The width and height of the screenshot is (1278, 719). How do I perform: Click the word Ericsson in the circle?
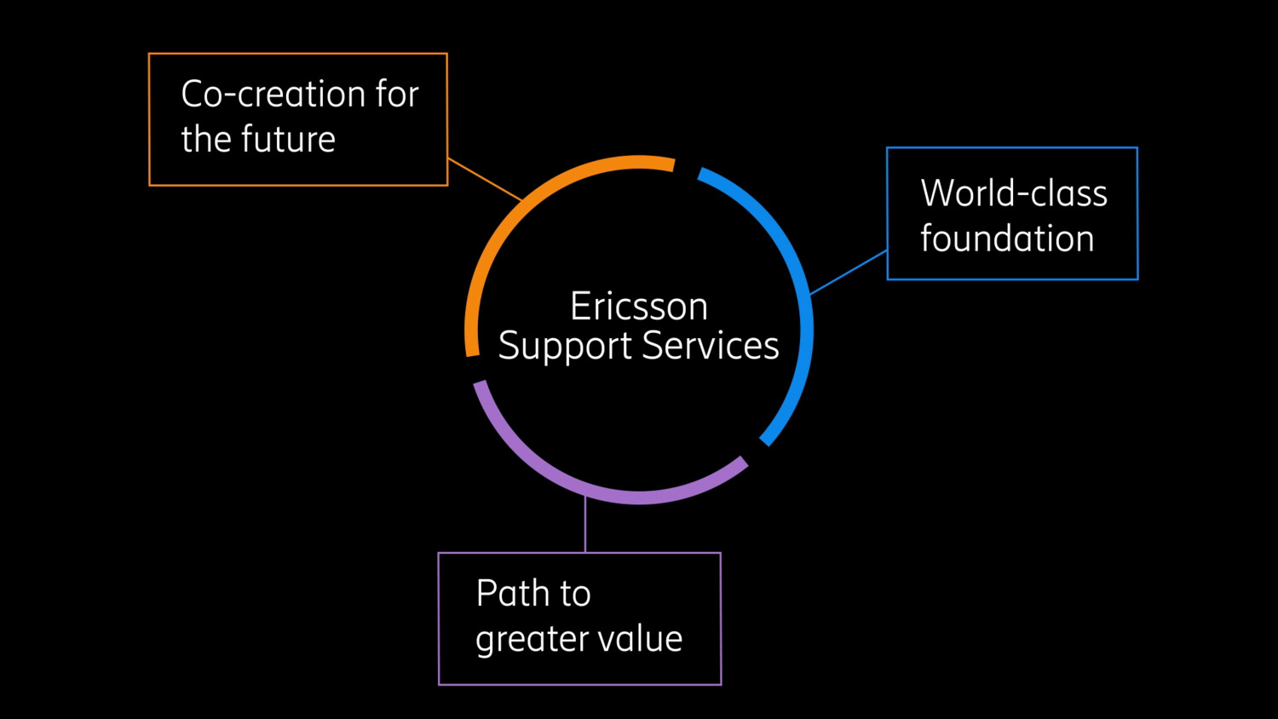[638, 307]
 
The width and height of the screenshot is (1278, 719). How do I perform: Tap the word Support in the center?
[564, 347]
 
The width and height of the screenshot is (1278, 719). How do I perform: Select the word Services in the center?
[710, 346]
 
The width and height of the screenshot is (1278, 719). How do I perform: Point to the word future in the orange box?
[288, 140]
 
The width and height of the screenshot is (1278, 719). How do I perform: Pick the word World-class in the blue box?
[1013, 193]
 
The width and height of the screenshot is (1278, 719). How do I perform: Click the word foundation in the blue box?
[1006, 239]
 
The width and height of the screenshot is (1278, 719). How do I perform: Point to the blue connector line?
[849, 273]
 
